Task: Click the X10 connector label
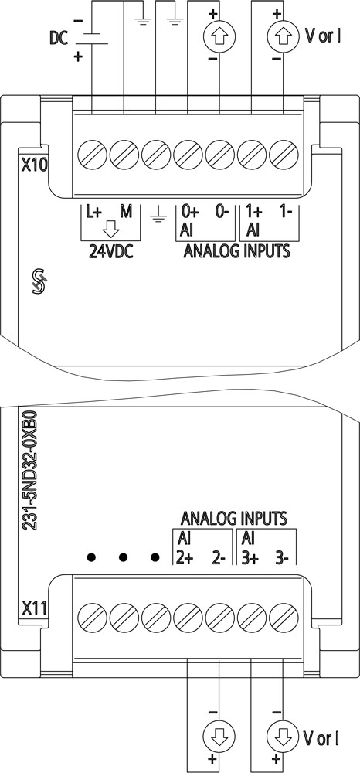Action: (x=35, y=165)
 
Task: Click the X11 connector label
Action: (x=35, y=609)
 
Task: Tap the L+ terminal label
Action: (x=94, y=213)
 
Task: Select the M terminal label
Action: (x=127, y=213)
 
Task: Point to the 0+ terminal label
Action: (x=189, y=213)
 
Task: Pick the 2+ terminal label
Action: (x=185, y=558)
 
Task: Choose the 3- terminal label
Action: (x=282, y=558)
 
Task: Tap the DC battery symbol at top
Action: (x=92, y=39)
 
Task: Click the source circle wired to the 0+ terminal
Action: (x=219, y=36)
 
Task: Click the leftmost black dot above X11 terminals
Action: (x=91, y=557)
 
